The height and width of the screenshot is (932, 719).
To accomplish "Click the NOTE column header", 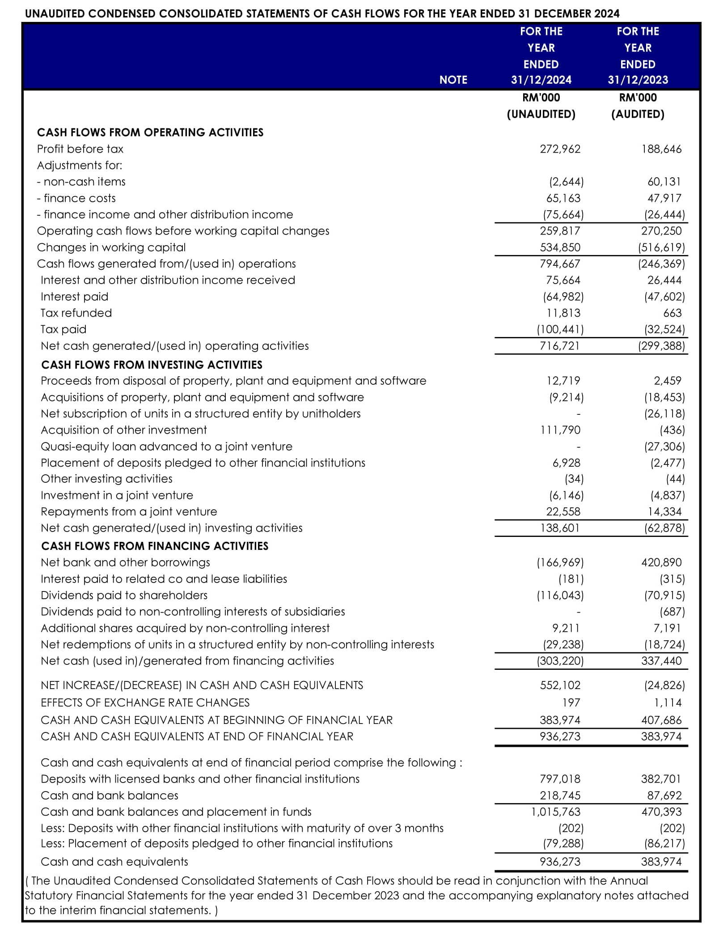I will (453, 80).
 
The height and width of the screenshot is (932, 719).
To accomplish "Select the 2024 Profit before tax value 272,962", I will (560, 149).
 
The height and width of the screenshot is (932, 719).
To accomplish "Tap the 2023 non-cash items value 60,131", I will (664, 182).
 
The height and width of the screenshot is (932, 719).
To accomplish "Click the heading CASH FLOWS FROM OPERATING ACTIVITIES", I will (150, 132).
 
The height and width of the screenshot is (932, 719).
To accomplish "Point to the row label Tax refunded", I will (76, 313).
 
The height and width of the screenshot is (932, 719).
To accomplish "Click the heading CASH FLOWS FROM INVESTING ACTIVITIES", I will (152, 365).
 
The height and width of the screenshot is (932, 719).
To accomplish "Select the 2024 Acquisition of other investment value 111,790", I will (560, 430).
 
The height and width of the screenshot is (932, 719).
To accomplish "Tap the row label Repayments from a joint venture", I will (129, 511).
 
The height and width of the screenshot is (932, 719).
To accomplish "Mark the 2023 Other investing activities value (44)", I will (675, 479).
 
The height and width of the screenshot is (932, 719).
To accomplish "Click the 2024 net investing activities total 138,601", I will (560, 528).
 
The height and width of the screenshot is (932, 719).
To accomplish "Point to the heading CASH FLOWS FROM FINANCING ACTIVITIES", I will (155, 546).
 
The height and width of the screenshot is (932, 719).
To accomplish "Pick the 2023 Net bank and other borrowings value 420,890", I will (661, 562).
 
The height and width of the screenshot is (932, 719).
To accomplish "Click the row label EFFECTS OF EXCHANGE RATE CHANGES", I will (145, 702).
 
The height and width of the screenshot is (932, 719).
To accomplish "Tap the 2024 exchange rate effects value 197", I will (571, 702).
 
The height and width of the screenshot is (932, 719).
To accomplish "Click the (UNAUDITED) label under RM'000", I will (541, 114).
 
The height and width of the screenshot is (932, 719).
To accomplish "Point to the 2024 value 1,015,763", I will (556, 812).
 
